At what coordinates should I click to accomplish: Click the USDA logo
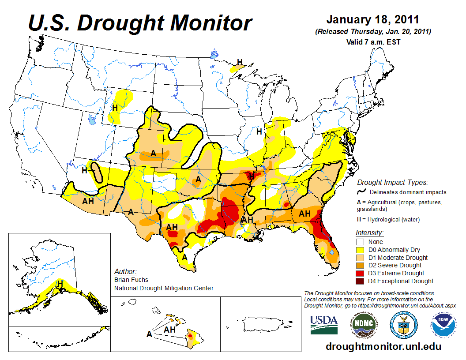click(324, 324)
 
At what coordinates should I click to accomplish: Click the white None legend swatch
click(361, 242)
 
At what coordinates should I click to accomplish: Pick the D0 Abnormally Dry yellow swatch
click(361, 250)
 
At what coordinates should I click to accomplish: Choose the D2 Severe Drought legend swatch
click(361, 265)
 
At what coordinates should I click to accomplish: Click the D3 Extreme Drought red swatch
click(361, 273)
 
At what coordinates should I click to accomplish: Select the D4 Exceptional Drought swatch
click(361, 281)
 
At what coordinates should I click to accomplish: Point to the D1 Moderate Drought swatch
click(361, 258)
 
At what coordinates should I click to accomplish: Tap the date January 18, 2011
click(372, 20)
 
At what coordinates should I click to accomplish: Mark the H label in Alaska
click(60, 283)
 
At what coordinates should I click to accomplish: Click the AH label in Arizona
click(88, 201)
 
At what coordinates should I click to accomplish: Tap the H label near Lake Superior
click(240, 62)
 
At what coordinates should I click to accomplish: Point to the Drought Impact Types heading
click(392, 182)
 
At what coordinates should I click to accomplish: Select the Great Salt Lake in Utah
click(91, 119)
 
